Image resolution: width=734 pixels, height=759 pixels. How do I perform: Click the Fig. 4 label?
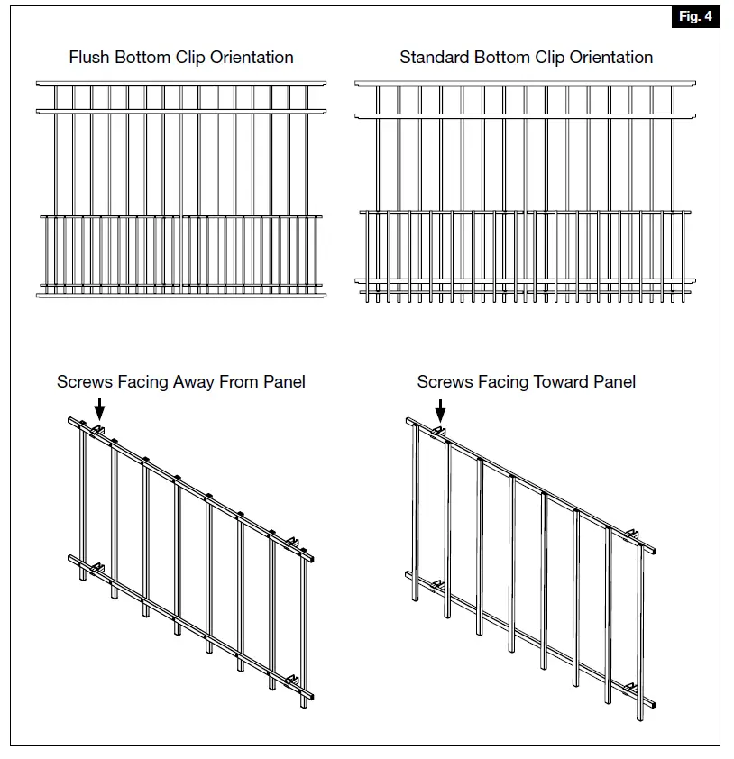(695, 17)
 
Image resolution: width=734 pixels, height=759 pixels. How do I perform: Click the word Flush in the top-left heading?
(88, 57)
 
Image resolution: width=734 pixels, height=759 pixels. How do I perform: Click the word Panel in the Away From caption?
(284, 381)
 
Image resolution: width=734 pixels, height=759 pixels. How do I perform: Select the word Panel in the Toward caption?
(615, 381)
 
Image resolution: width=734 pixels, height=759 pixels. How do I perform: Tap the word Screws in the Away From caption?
(84, 381)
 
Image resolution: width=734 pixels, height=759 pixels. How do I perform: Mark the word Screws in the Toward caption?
(445, 381)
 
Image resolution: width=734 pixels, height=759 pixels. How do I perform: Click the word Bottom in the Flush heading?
(141, 57)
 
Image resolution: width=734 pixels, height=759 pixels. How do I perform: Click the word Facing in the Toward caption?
(503, 381)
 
